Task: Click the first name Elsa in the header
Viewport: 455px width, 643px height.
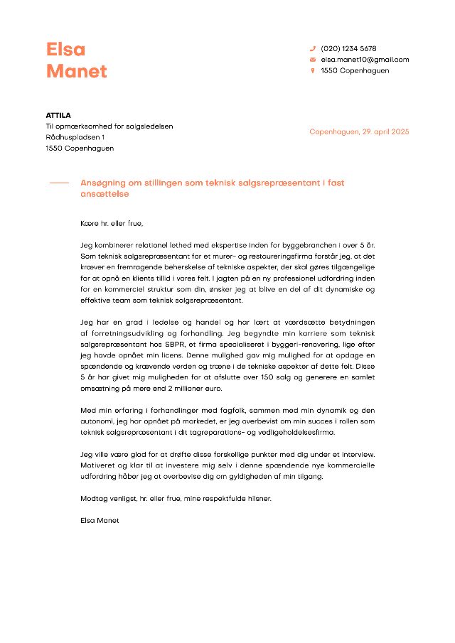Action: click(x=65, y=49)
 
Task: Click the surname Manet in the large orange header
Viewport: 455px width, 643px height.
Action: click(x=77, y=71)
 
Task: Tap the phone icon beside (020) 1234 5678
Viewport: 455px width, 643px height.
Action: click(x=312, y=48)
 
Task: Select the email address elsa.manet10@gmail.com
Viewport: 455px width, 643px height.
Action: click(x=365, y=60)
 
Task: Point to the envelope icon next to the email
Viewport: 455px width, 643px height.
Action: click(x=312, y=60)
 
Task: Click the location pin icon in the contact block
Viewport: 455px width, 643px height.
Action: click(x=312, y=70)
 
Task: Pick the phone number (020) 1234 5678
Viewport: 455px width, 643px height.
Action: click(x=348, y=48)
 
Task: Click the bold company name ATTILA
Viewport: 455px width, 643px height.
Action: click(x=58, y=115)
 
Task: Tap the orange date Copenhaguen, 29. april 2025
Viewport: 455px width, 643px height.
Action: click(x=359, y=132)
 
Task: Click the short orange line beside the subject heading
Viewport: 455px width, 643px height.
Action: click(x=59, y=183)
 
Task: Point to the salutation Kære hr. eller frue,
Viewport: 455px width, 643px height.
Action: click(x=112, y=224)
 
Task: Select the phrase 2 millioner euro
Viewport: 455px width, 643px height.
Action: click(x=194, y=388)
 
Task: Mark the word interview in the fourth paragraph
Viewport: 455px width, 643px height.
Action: click(x=359, y=454)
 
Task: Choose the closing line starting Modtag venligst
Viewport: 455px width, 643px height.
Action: click(x=176, y=498)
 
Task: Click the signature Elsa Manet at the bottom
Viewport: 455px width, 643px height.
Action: click(x=100, y=520)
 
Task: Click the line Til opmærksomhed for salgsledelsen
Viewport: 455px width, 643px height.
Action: click(x=109, y=126)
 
